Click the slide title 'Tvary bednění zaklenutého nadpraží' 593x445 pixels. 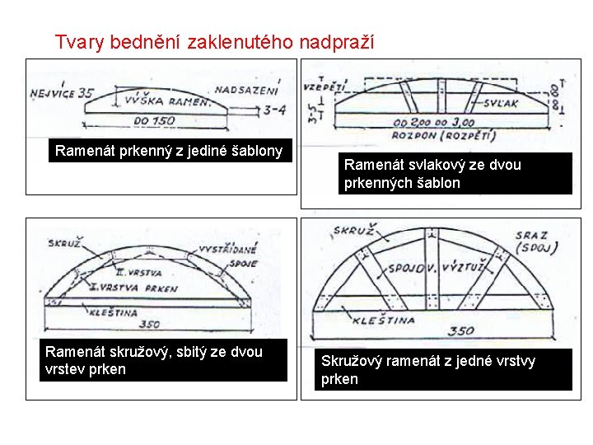214,41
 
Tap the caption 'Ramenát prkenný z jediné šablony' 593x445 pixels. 168,151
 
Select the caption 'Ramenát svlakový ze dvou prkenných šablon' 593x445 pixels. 432,174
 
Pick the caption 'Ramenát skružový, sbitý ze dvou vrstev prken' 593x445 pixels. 154,360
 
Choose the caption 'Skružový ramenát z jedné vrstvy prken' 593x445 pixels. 427,370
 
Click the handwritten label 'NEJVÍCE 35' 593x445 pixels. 63,94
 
